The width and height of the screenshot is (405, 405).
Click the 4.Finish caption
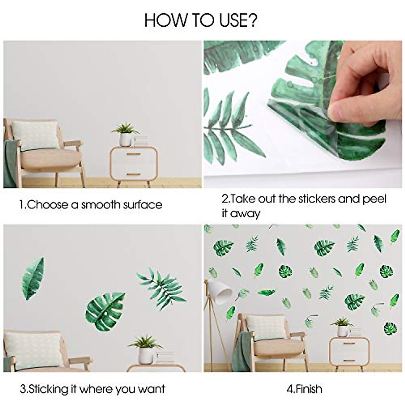[x=304, y=389]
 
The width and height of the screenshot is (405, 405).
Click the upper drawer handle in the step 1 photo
[x=134, y=154]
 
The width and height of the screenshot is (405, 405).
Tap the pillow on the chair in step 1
[x=35, y=135]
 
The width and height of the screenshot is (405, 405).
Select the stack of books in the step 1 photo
[x=141, y=141]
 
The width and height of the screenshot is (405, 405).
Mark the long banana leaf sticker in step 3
[x=33, y=279]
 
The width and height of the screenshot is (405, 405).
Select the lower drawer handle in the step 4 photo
[x=349, y=360]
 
